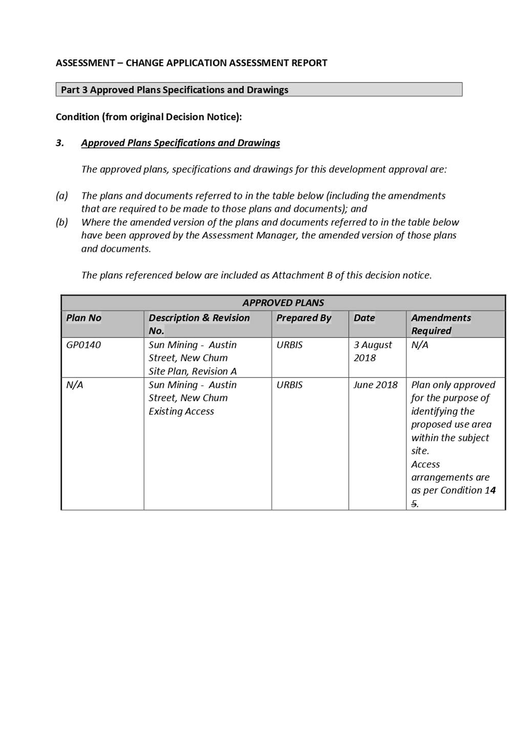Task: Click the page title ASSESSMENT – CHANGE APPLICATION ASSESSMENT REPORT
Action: click(191, 63)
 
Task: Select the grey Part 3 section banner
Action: click(258, 90)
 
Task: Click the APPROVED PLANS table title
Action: click(283, 303)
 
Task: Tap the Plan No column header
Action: click(84, 318)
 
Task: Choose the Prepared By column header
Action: click(304, 318)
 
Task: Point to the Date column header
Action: click(364, 318)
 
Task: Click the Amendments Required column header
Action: click(441, 324)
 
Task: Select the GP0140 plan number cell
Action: click(83, 345)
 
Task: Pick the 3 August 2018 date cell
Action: click(373, 351)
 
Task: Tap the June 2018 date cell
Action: click(375, 385)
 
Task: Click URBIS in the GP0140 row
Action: click(289, 345)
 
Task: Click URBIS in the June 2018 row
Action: click(289, 385)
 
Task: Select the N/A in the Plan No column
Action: click(75, 385)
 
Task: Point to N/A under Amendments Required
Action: click(420, 345)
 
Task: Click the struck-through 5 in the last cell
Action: click(414, 504)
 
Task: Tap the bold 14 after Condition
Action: click(490, 491)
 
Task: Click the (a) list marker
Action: click(62, 196)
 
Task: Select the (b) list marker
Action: click(62, 222)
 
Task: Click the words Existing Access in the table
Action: click(181, 412)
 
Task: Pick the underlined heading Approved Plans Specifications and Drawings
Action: click(180, 143)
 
